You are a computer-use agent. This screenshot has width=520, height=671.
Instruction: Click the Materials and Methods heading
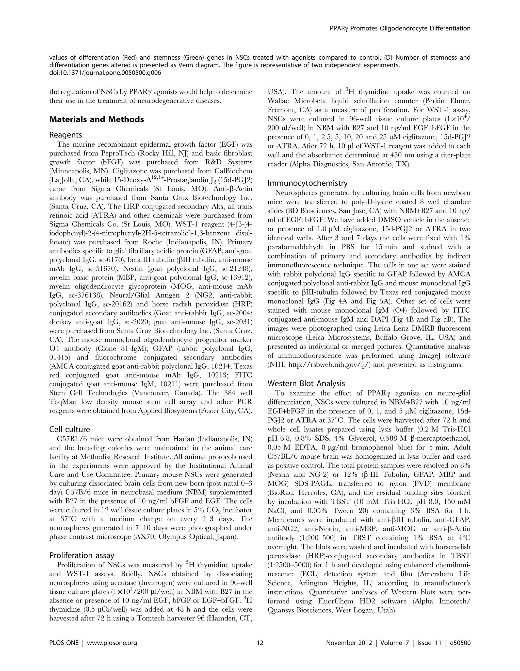96,119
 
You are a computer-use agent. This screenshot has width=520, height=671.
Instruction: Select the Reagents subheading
66,135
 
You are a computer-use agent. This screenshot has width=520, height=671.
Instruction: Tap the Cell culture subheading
70,429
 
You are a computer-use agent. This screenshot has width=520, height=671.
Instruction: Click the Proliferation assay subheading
82,555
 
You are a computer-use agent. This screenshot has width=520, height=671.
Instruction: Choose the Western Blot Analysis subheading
306,383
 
